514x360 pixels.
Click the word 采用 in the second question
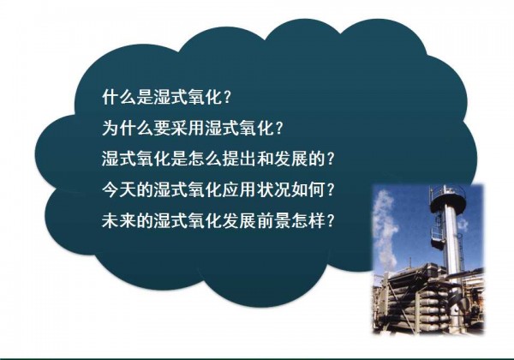tap(188, 128)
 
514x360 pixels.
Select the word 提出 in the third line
tap(240, 159)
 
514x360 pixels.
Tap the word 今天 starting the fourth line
tap(119, 189)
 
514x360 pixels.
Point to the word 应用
tap(240, 189)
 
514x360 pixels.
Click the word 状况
tap(274, 189)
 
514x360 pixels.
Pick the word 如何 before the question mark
tap(308, 189)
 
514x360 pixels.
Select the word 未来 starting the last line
tap(119, 220)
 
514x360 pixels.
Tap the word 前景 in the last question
tap(274, 220)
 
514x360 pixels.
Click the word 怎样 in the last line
tap(308, 220)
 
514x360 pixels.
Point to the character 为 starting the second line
tap(111, 128)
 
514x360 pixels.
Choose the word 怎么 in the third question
tap(206, 159)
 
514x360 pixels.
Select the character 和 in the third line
tap(266, 159)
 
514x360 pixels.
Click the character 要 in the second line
tap(162, 128)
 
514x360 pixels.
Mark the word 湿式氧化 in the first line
tap(188, 98)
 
